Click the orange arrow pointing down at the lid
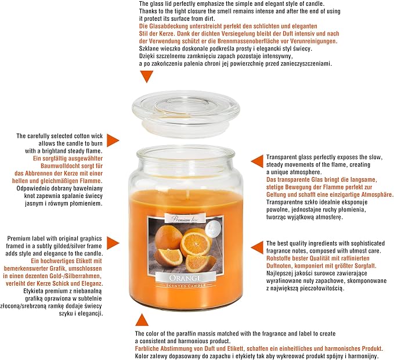point(146,76)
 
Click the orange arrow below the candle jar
point(142,320)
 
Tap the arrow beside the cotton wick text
point(113,141)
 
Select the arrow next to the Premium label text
point(113,243)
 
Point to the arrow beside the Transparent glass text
point(257,161)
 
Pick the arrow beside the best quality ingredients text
point(257,247)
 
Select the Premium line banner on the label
point(185,219)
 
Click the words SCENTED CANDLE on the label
point(186,286)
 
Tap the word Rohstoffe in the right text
point(279,258)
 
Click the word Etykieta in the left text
point(34,291)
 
